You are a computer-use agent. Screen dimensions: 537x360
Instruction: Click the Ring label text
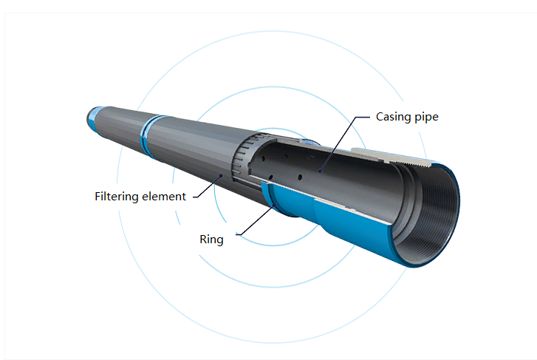[211, 240]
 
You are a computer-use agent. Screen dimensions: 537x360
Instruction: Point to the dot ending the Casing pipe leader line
[321, 170]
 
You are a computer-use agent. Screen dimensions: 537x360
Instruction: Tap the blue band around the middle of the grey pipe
[148, 135]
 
